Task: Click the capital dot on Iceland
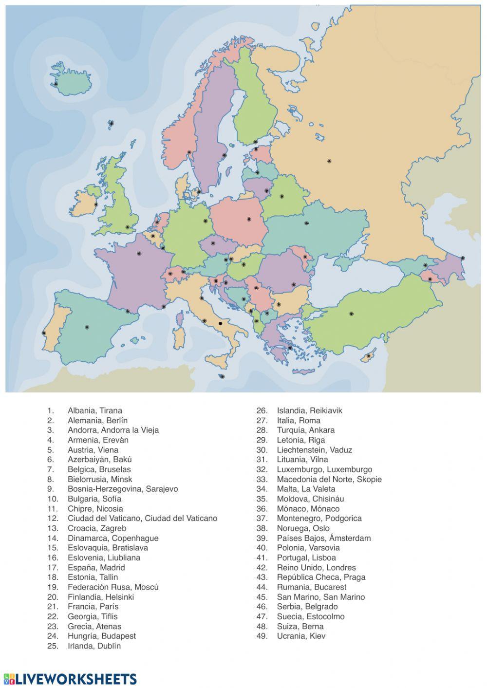coord(56,84)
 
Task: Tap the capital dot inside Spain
coord(87,327)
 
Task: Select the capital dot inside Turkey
coord(351,314)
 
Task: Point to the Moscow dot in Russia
coord(329,161)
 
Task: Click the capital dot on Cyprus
coord(369,356)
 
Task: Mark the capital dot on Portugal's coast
coord(44,333)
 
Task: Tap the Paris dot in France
coord(139,254)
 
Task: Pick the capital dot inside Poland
coord(249,219)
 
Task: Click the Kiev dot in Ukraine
coord(306,223)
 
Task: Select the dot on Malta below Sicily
coord(223,376)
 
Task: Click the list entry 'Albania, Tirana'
coord(94,410)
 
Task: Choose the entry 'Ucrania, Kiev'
coord(301,636)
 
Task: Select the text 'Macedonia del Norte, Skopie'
coord(329,479)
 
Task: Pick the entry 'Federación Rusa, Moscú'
coord(113,587)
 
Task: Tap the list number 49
coord(262,636)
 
